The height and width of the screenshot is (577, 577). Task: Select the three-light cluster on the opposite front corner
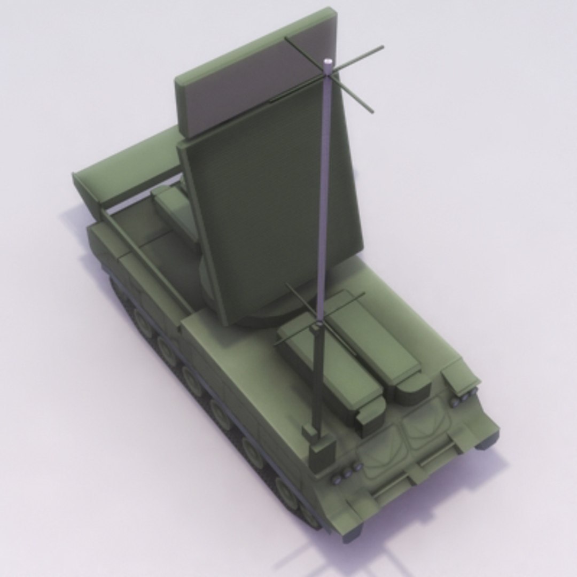pyautogui.click(x=463, y=398)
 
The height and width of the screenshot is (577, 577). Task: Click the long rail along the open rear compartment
pyautogui.click(x=144, y=262)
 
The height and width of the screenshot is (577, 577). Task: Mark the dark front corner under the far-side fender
pyautogui.click(x=489, y=441)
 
